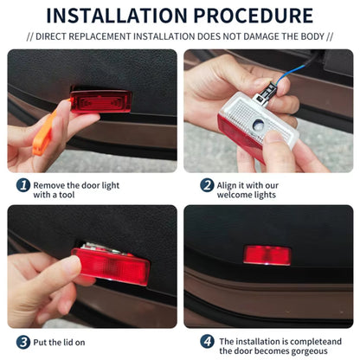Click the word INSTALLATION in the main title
click(x=117, y=16)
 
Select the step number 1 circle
click(x=23, y=185)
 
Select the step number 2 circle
click(x=207, y=185)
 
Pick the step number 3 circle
click(x=23, y=342)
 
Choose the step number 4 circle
click(x=207, y=342)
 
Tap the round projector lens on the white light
click(x=257, y=125)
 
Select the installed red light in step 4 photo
click(x=267, y=255)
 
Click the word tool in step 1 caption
click(x=67, y=195)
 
